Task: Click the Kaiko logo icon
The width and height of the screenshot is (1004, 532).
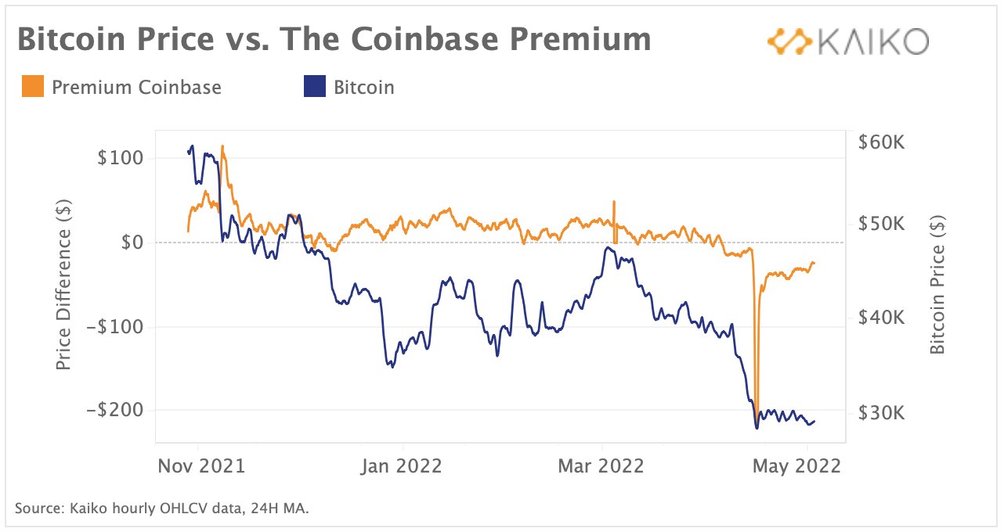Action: tap(789, 42)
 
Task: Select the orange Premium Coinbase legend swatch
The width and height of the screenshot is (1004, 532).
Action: tap(33, 87)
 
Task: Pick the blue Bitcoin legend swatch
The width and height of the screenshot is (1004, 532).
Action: tap(313, 87)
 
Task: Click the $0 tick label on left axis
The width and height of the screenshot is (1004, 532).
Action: tap(130, 243)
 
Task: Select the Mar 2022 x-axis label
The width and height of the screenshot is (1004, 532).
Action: tap(601, 466)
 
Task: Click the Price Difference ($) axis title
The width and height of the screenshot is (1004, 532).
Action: tap(64, 285)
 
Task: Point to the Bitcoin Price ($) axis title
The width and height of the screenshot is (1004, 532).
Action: tap(937, 285)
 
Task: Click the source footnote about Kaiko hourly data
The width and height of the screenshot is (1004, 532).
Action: tap(162, 509)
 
